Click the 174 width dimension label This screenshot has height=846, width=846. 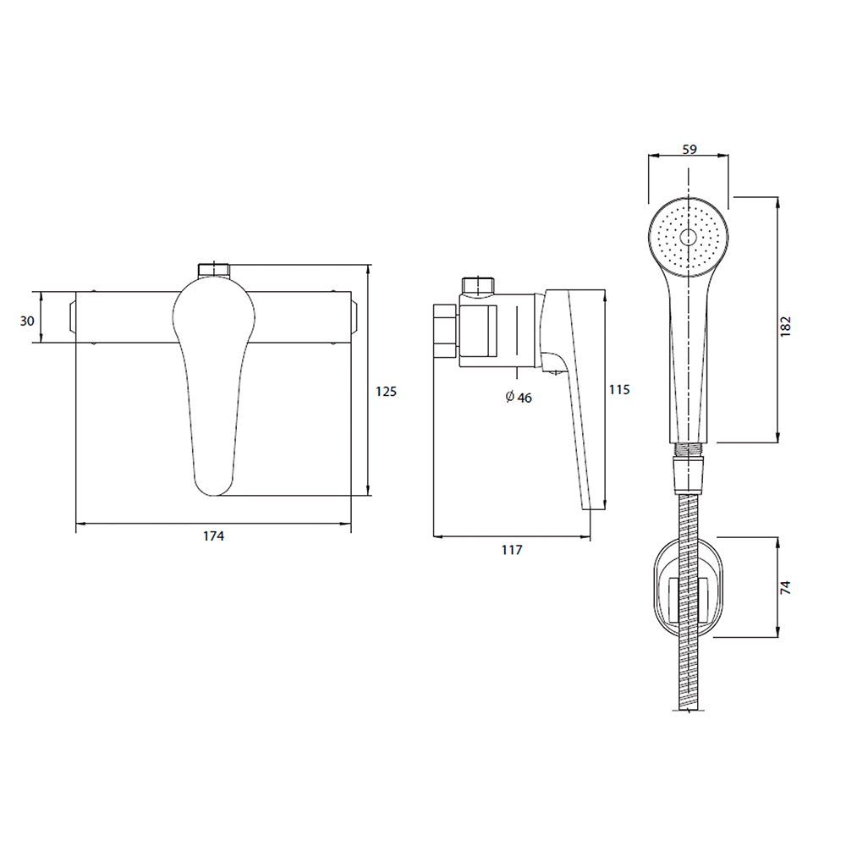tap(213, 536)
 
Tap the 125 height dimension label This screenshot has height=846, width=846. tap(386, 391)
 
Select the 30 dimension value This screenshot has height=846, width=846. tap(27, 321)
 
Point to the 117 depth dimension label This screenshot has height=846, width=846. tap(512, 550)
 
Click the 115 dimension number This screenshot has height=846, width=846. tap(619, 389)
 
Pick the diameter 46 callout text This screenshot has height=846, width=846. tap(519, 397)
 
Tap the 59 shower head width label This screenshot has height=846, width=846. tap(689, 149)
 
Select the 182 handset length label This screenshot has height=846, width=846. tap(786, 327)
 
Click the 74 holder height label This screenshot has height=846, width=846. tap(786, 588)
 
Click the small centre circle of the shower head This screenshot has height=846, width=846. tap(689, 238)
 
